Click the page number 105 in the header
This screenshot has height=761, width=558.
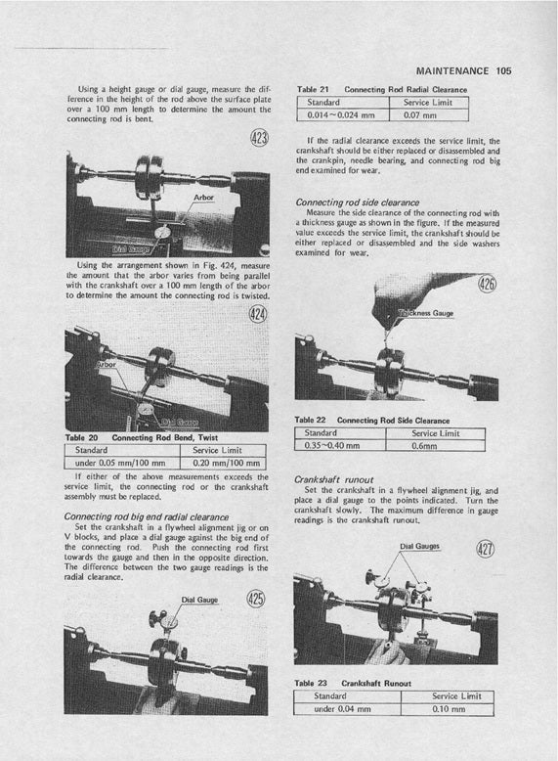pos(503,70)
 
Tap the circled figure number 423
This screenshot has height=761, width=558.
pos(259,138)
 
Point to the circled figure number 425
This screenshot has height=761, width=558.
pos(256,599)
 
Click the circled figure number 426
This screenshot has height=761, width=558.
pos(488,283)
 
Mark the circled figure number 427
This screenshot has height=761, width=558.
pos(486,549)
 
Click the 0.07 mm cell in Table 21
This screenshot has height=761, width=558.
pos(429,115)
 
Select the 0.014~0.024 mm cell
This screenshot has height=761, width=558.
pos(343,115)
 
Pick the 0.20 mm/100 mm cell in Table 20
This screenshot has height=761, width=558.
pos(223,463)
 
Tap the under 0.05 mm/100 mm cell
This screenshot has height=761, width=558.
pos(122,463)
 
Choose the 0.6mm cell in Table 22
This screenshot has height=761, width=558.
pos(435,445)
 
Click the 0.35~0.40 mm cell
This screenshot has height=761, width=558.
pos(340,445)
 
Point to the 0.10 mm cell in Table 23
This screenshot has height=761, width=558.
pos(448,709)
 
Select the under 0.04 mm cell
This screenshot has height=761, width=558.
pos(347,709)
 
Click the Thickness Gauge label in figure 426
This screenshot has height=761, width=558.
pos(426,314)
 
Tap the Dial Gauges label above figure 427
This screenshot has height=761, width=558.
pos(420,546)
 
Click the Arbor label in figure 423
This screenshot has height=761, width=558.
pos(203,198)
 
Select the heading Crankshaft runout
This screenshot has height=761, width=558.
pos(333,479)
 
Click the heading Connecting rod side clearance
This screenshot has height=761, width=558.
pos(358,202)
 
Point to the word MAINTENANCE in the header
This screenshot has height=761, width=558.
pos(452,70)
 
